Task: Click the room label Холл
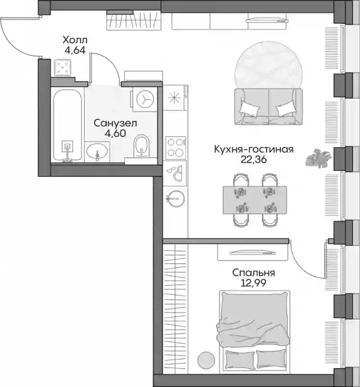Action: pos(75,40)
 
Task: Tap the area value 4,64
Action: pos(75,50)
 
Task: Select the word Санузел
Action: pos(115,123)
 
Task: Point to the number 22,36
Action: pos(254,159)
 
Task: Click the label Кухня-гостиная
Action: pos(254,149)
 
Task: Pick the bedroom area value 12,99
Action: pos(254,283)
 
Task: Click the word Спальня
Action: pos(254,273)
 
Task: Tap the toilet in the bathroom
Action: pos(142,146)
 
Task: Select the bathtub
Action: pos(67,125)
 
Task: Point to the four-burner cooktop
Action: pos(175,148)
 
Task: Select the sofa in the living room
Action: pos(268,106)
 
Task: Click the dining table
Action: pos(255,200)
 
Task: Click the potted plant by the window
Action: pos(318,158)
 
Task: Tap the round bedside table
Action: pos(206,360)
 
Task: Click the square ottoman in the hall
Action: pos(63,67)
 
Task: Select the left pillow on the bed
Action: pos(240,360)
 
